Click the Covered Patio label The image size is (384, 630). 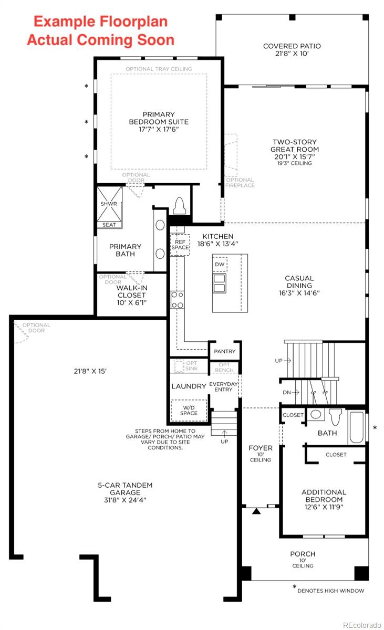pos(292,50)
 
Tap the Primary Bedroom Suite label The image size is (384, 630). pos(159,122)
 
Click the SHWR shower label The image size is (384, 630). pos(109,204)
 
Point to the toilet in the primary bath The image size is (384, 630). pos(179,206)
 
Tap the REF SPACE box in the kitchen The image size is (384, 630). pos(180,245)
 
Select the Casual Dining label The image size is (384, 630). pos(299,286)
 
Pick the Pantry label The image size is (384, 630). pos(225,351)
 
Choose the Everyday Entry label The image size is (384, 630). pos(224,386)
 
